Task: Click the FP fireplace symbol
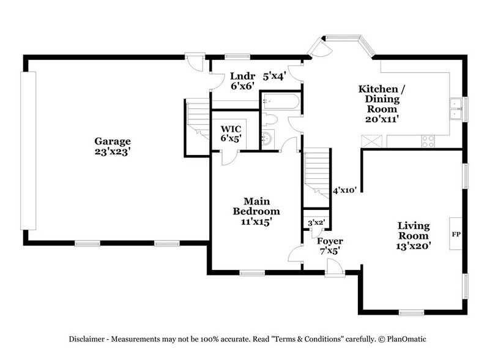tap(455, 234)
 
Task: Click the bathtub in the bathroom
tap(280, 102)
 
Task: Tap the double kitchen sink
tap(455, 108)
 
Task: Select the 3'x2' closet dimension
tap(316, 222)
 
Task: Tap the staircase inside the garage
tap(197, 119)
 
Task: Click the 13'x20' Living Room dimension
tap(414, 246)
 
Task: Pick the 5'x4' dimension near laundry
tap(274, 77)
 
